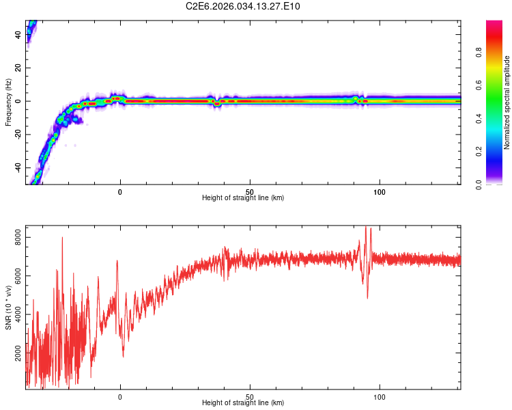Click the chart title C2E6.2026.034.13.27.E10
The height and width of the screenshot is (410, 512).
click(243, 7)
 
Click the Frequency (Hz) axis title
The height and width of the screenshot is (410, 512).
click(8, 102)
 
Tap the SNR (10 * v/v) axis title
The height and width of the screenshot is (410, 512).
click(8, 307)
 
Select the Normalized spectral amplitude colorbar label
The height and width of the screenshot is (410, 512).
click(507, 102)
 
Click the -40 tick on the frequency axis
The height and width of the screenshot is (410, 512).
click(18, 168)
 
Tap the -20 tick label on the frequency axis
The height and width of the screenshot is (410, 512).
click(18, 135)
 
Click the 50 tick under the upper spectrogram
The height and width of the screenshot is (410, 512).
click(250, 191)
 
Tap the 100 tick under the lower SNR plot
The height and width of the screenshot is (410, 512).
click(380, 396)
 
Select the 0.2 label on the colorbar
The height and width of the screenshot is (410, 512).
click(480, 152)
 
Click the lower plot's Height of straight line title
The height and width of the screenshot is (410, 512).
click(243, 403)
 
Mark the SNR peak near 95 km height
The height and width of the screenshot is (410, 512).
click(366, 228)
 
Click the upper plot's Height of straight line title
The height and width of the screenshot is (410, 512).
click(243, 198)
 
